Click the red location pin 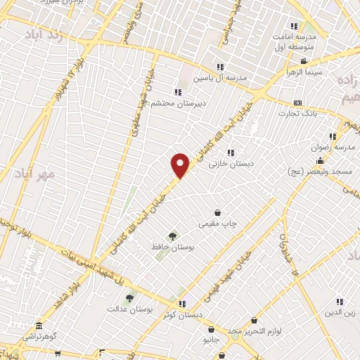click(181, 165)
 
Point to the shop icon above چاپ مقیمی click(217, 212)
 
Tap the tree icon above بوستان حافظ click(172, 236)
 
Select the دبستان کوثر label click(178, 314)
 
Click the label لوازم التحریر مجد click(255, 330)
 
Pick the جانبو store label click(211, 340)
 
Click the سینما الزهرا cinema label click(303, 72)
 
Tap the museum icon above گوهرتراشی click(39, 327)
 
